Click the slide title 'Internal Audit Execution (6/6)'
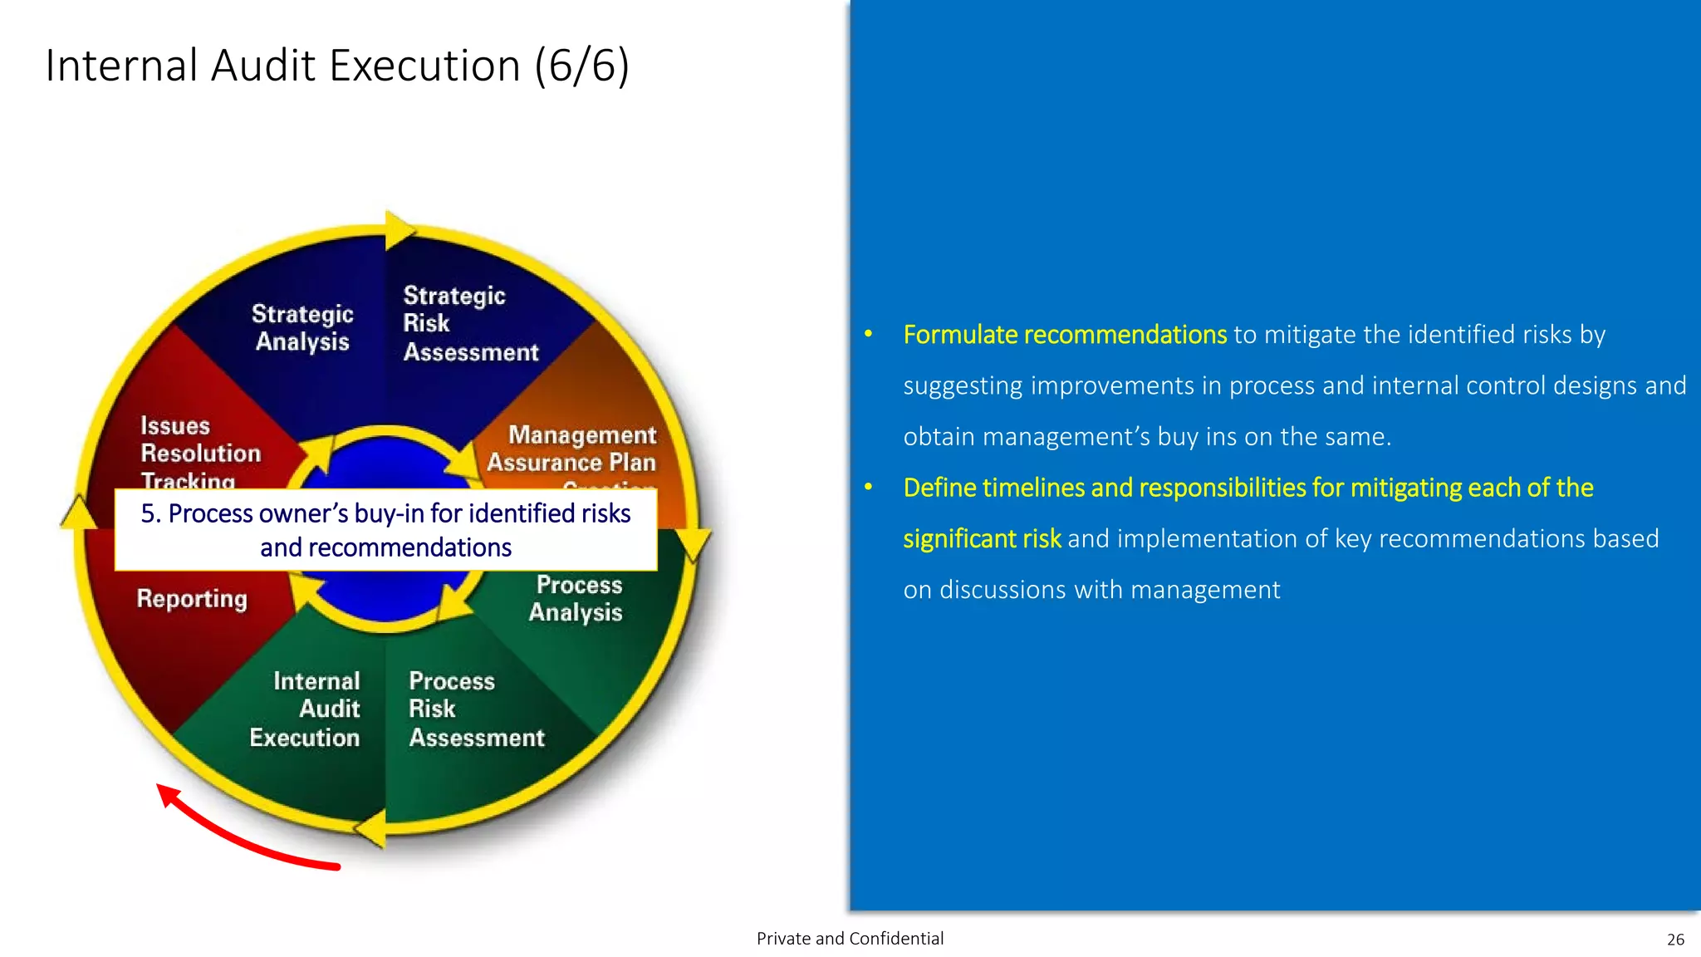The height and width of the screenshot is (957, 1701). (x=337, y=66)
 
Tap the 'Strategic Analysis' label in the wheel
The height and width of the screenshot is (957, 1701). (x=302, y=327)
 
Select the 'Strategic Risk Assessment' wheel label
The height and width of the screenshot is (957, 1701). (x=470, y=324)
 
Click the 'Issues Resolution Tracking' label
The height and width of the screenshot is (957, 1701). (x=200, y=453)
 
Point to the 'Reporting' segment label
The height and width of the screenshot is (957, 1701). (x=192, y=598)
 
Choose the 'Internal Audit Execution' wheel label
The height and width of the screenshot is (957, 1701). (x=306, y=709)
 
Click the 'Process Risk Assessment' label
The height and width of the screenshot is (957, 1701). (x=476, y=709)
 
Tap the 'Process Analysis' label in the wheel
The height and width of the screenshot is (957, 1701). (x=577, y=598)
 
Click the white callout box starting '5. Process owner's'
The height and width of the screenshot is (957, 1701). (x=385, y=530)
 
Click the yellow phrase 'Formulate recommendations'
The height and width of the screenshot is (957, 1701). (x=1064, y=334)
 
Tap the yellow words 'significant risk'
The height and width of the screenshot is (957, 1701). (x=981, y=538)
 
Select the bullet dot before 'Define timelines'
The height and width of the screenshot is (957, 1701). (x=868, y=488)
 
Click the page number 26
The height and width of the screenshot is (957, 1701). (x=1675, y=940)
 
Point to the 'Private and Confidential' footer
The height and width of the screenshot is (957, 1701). (x=850, y=939)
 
